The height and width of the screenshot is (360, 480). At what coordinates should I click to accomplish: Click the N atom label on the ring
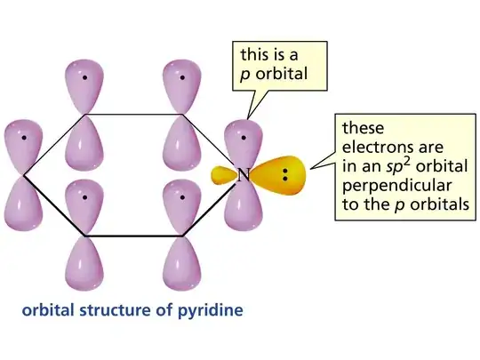coord(244,175)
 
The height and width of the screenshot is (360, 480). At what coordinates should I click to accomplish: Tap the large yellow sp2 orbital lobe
coord(280,175)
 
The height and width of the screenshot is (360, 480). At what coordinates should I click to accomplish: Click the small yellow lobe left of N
coord(224,176)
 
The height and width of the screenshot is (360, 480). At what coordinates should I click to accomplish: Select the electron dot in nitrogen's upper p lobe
coord(244,138)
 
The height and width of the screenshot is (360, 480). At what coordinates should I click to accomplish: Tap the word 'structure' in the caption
coord(115,310)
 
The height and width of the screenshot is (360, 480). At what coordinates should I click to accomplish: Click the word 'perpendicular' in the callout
coord(396,187)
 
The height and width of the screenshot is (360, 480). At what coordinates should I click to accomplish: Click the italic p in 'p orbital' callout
coord(245,75)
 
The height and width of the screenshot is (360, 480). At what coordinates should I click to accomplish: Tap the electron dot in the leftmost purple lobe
coord(24,138)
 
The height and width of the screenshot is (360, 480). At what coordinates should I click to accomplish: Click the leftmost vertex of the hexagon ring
coord(24,175)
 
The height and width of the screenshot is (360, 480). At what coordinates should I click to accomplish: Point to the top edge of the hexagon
coord(133,115)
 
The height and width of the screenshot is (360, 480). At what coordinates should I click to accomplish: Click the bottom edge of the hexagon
coord(133,236)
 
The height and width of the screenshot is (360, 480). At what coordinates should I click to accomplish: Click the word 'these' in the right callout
coord(363,128)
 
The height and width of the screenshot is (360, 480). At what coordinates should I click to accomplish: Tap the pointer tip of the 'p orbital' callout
coord(247,119)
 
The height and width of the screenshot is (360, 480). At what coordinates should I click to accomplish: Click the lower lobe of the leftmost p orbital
coord(24,204)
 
